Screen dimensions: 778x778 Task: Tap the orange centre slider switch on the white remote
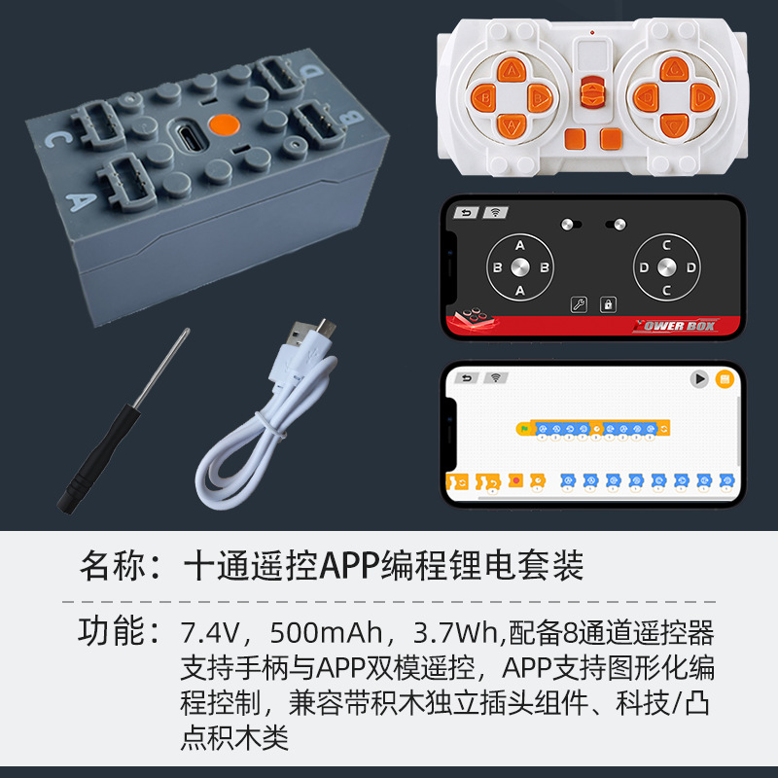click(x=587, y=95)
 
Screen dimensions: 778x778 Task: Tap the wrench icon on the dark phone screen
click(x=580, y=304)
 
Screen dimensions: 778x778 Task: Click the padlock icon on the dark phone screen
click(x=608, y=304)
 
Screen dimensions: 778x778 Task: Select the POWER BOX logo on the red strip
click(x=675, y=326)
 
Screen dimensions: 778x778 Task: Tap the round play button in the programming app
click(x=698, y=379)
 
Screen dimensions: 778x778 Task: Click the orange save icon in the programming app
click(x=724, y=379)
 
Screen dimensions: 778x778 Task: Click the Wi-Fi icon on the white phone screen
click(x=497, y=377)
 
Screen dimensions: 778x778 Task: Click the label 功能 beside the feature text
click(x=109, y=633)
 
